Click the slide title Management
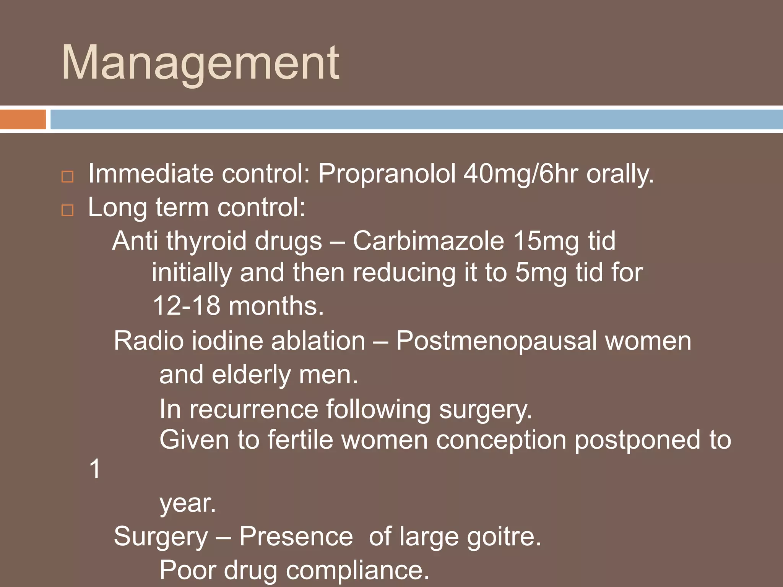pos(200,63)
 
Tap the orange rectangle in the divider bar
pos(23,120)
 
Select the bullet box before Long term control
pos(67,210)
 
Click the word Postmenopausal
pos(496,341)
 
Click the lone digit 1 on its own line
pos(94,469)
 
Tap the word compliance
pos(357,571)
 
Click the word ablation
pos(318,341)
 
